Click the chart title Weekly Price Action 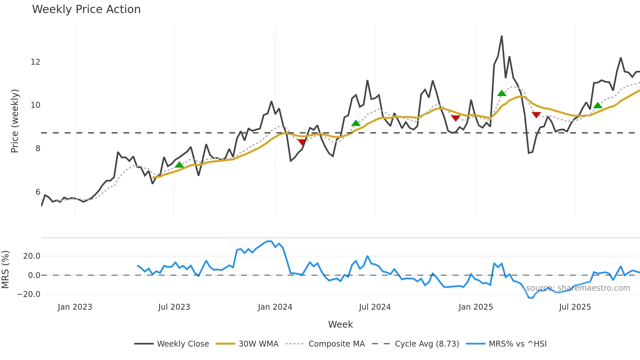click(x=86, y=9)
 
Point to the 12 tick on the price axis click(x=35, y=62)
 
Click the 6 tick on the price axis click(x=38, y=192)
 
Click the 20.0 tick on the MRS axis click(x=32, y=256)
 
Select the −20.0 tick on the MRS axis click(x=29, y=294)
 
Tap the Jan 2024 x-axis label click(x=275, y=307)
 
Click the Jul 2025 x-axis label click(x=575, y=307)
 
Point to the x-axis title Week click(x=340, y=324)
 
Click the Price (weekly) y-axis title click(x=15, y=121)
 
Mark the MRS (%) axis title click(x=5, y=270)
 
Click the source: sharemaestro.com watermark click(x=578, y=288)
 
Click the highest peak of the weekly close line click(x=502, y=36)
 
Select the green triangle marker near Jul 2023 click(x=179, y=165)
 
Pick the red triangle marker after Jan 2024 click(x=302, y=142)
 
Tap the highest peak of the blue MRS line click(x=268, y=241)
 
